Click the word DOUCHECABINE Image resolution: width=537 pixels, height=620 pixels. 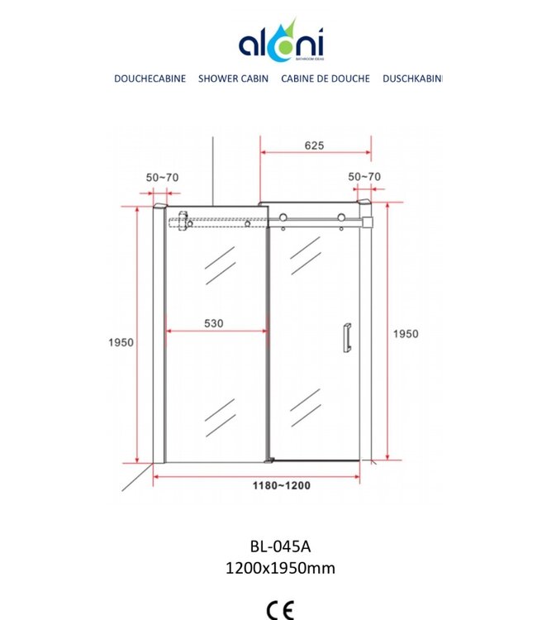tap(150, 79)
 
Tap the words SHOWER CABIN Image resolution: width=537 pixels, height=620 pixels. tap(233, 79)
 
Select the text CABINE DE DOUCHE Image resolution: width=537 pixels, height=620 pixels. tap(325, 79)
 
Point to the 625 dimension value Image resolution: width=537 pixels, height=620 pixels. tap(314, 145)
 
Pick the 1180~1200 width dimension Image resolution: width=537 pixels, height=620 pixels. tap(283, 485)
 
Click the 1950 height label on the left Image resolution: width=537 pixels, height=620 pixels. tap(121, 341)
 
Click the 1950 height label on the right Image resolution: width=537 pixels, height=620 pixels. tap(405, 334)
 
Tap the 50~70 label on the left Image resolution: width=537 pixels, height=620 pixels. tap(162, 178)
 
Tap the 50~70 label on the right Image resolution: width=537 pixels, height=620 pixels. tap(364, 177)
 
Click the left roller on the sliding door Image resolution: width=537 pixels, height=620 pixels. tap(283, 218)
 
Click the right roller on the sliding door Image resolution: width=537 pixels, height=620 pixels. tap(340, 218)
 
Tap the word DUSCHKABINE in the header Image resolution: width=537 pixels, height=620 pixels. tap(412, 79)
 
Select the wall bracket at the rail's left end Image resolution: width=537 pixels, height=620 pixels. tap(181, 222)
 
